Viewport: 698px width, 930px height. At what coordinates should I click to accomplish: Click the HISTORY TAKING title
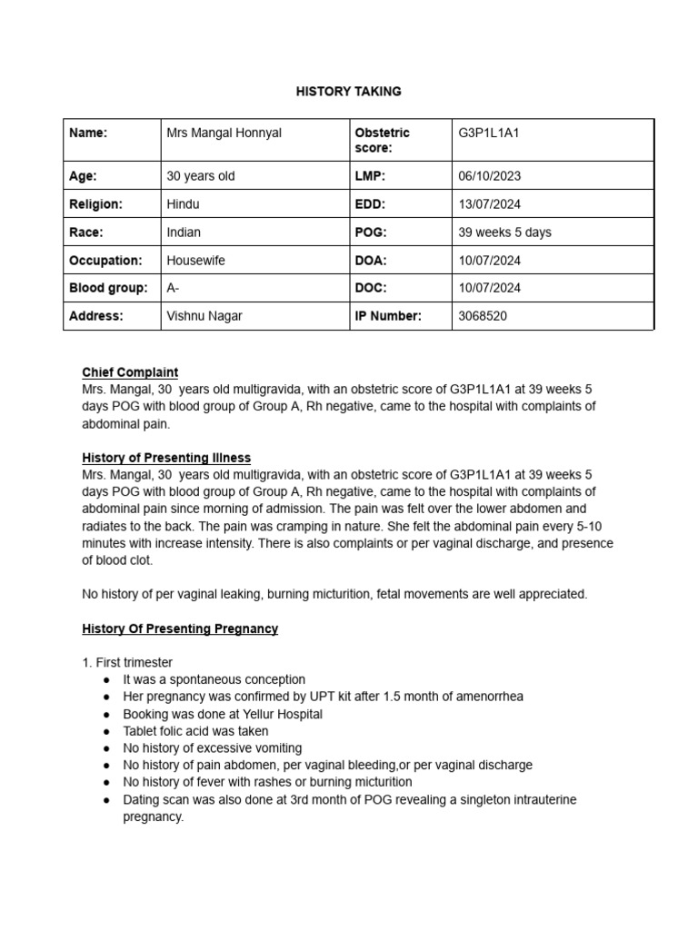click(x=349, y=92)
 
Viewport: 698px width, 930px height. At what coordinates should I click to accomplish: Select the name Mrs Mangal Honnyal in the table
click(x=224, y=134)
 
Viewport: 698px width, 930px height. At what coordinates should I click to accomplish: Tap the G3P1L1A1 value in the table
click(x=490, y=134)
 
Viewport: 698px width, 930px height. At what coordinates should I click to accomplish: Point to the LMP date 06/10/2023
click(x=490, y=176)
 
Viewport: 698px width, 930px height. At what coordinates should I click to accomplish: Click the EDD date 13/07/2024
click(x=490, y=204)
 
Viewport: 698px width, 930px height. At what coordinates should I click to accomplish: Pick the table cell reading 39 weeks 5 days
click(x=505, y=232)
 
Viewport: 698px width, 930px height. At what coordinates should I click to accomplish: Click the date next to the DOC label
click(x=490, y=289)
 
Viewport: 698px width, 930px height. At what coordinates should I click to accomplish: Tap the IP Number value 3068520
click(x=483, y=316)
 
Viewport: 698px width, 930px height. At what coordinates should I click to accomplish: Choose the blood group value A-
click(x=173, y=289)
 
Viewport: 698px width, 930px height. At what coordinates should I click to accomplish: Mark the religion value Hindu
click(x=183, y=204)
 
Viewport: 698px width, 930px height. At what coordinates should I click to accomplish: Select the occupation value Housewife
click(x=195, y=261)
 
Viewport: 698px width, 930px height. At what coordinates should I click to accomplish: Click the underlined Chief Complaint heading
click(x=130, y=372)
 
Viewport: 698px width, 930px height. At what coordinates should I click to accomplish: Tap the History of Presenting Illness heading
click(x=166, y=458)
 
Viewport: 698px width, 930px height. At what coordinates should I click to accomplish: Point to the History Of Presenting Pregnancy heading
click(x=180, y=628)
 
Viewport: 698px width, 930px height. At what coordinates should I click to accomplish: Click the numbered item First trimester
click(x=127, y=662)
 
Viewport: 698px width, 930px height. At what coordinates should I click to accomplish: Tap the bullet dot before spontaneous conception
click(x=106, y=680)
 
